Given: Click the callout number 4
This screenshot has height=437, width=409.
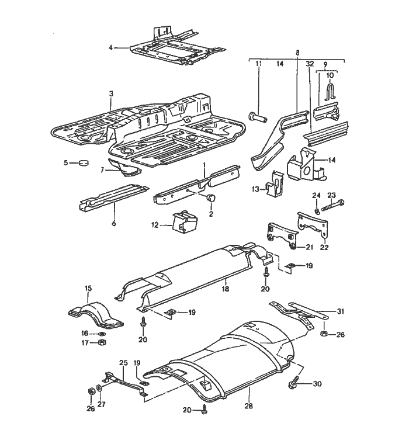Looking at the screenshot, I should [110, 46].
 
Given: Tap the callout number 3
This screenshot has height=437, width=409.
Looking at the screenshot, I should [110, 94].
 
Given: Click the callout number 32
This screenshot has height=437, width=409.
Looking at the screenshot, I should [310, 63].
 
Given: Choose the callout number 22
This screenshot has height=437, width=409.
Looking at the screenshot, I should [324, 247].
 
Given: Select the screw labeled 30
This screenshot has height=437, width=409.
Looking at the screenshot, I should [293, 384].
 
